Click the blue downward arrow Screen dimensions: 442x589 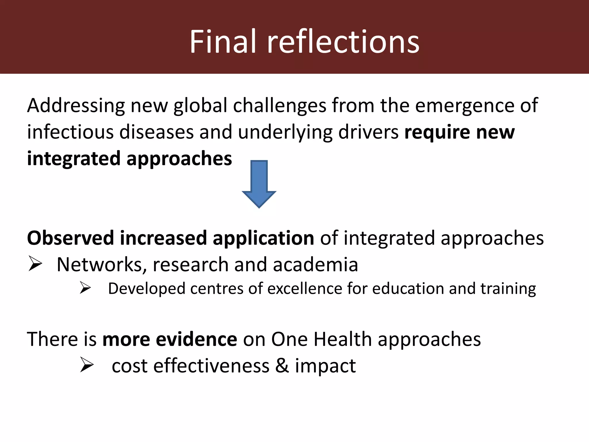coord(259,184)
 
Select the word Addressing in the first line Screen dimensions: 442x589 coord(76,106)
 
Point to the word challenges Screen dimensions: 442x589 coord(280,106)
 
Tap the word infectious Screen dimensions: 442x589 coord(70,132)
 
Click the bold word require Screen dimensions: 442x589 coord(437,132)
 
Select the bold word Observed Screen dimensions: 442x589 coord(70,238)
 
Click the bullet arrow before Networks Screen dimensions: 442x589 coord(35,264)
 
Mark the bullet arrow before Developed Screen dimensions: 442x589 coord(85,288)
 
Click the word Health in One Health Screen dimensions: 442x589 coord(343,339)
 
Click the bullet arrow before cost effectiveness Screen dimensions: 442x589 coord(87,365)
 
